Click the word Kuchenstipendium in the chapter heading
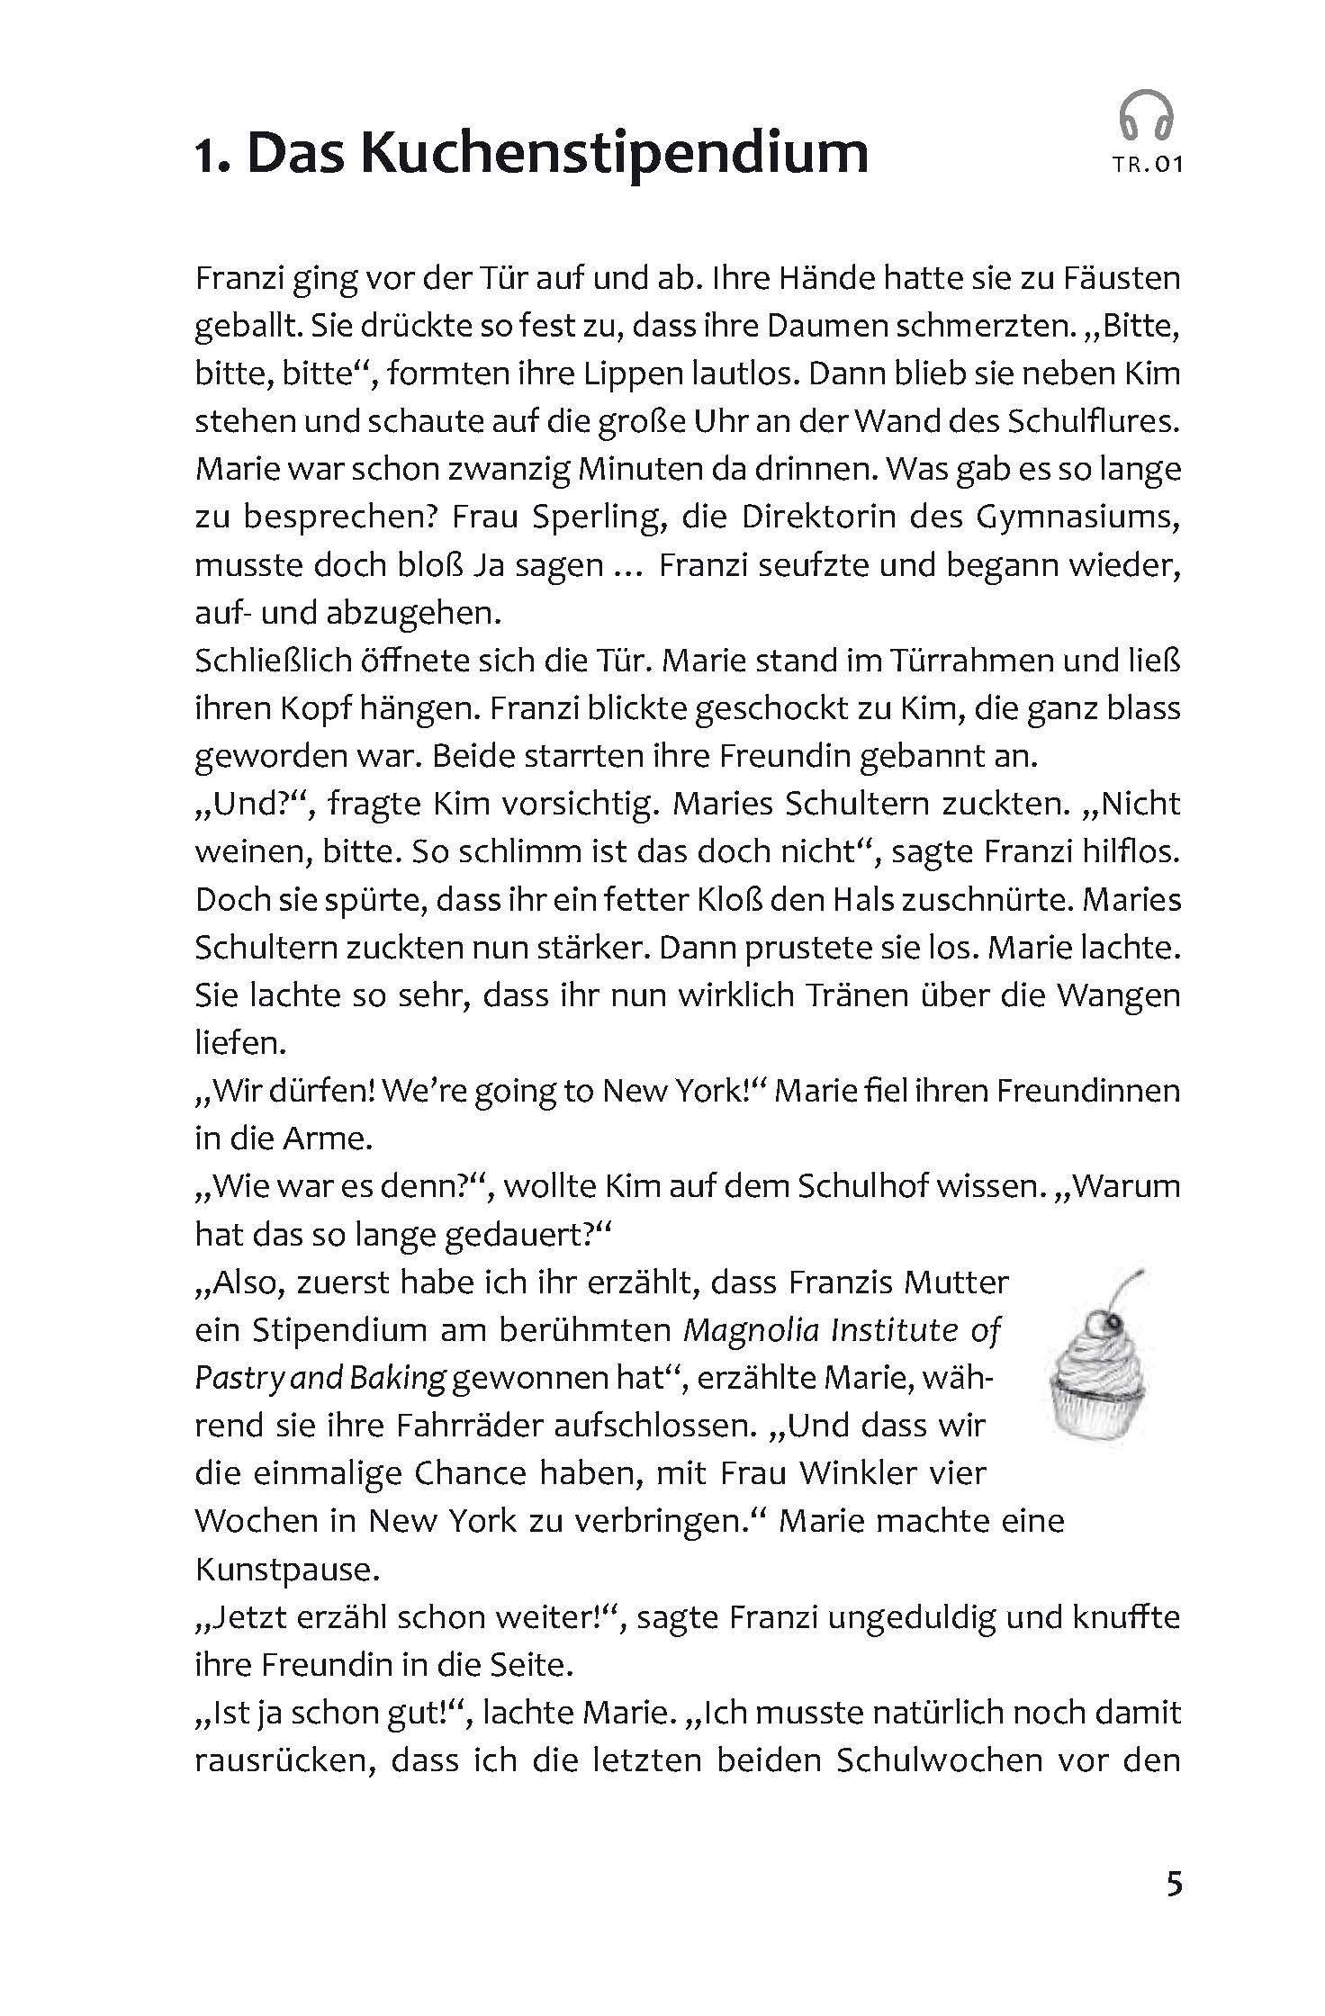[615, 153]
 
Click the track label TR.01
[1147, 165]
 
